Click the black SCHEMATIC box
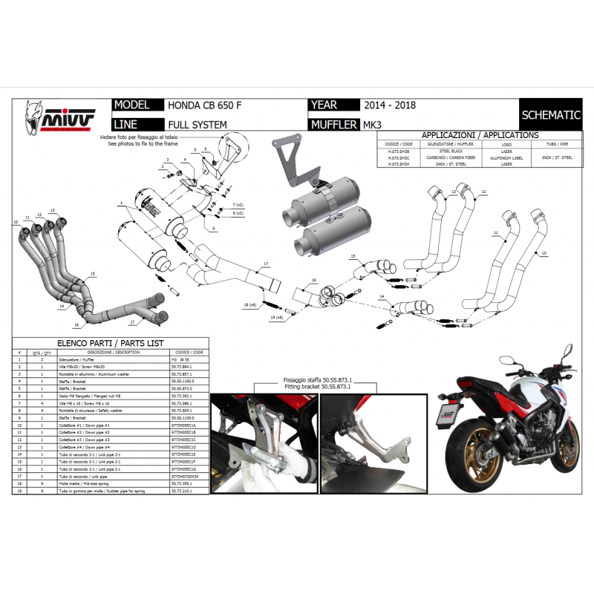(x=551, y=115)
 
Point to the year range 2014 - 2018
(x=390, y=106)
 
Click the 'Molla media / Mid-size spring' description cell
(x=109, y=483)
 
